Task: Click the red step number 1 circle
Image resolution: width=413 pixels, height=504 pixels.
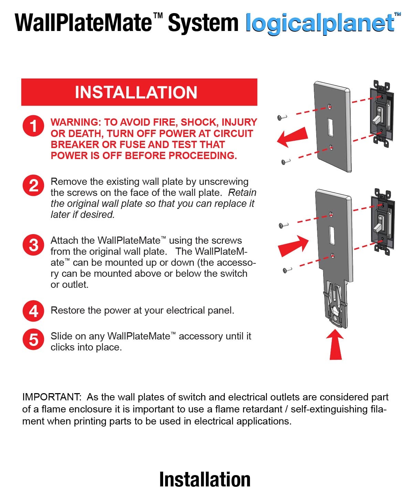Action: click(x=33, y=126)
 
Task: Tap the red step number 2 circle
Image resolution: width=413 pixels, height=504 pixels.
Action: click(x=33, y=185)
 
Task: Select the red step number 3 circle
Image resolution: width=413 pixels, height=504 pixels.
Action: click(x=33, y=245)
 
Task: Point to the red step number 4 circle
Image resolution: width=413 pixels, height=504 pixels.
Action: click(x=33, y=311)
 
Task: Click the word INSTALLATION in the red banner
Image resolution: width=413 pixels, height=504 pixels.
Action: click(x=136, y=92)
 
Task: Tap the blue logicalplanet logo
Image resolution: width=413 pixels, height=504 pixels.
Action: click(x=323, y=23)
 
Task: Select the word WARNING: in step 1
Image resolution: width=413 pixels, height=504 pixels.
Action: click(x=76, y=122)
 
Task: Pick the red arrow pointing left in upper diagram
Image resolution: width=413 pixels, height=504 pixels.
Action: click(x=293, y=137)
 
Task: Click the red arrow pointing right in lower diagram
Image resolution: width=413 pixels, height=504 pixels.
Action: click(x=293, y=246)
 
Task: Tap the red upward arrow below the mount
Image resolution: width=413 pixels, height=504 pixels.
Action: click(x=335, y=344)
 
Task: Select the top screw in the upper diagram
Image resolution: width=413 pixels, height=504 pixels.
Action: click(x=282, y=117)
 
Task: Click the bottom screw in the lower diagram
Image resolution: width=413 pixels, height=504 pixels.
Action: click(x=287, y=270)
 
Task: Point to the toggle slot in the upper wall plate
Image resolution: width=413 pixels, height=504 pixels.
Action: click(x=330, y=127)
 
